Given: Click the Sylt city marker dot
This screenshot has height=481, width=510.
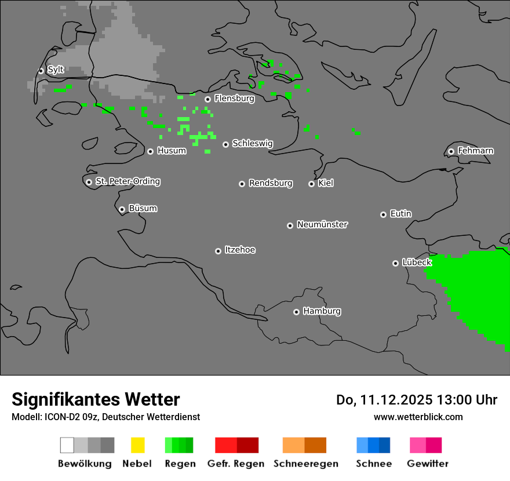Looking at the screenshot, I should click(x=41, y=71).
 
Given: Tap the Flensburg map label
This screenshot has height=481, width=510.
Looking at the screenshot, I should click(x=234, y=99).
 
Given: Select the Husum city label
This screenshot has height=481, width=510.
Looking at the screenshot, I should click(x=172, y=151).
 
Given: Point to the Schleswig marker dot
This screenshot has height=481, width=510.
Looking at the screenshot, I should click(x=225, y=144).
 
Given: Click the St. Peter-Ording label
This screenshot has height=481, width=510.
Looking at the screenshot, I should click(x=128, y=181).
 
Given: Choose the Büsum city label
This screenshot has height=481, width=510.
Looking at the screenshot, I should click(x=143, y=208).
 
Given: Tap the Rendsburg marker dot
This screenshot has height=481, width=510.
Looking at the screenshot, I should click(x=242, y=184).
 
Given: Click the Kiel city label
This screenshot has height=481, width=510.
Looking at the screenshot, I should click(x=326, y=183).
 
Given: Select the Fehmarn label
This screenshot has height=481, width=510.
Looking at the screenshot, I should click(x=475, y=151).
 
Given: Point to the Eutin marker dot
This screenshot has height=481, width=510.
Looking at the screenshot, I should click(x=383, y=214).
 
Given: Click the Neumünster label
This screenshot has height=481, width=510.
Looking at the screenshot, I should click(x=322, y=224).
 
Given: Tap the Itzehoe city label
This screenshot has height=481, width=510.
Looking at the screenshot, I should click(x=240, y=250).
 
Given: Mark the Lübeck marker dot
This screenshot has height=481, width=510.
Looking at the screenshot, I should click(x=395, y=263).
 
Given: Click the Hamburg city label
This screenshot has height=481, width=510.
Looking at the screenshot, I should click(x=322, y=311).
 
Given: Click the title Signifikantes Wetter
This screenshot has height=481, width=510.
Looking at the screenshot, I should click(x=96, y=399).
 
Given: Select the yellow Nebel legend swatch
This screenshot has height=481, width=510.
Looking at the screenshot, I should click(x=137, y=445).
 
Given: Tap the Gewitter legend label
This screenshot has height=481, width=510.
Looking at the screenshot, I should click(x=428, y=464).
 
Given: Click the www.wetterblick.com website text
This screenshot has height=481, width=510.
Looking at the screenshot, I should click(x=418, y=417).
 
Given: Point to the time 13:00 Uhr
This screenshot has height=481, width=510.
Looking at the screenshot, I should click(x=469, y=400).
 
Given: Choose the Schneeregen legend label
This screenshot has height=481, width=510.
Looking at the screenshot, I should click(x=306, y=464).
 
